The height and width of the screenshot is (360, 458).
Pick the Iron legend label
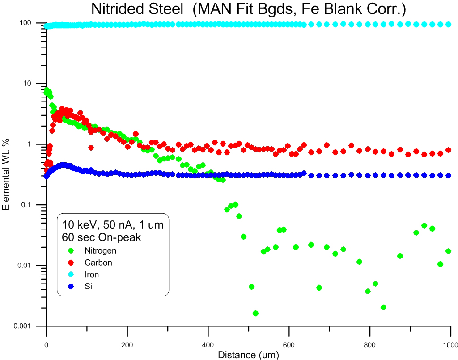[x=92, y=275]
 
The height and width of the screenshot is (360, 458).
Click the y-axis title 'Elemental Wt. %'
[x=6, y=174]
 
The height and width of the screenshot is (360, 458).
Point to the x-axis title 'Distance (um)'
[x=249, y=355]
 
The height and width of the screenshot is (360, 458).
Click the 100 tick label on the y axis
[x=30, y=23]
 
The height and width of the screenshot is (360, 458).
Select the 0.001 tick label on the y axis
[x=25, y=326]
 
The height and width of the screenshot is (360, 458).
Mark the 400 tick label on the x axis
[x=208, y=345]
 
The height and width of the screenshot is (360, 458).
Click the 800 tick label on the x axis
[x=370, y=345]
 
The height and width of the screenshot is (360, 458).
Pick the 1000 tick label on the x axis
[x=449, y=345]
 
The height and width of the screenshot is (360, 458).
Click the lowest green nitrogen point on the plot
[x=255, y=313]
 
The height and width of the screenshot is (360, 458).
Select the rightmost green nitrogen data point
[x=448, y=251]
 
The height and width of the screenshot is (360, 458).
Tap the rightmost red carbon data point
[x=448, y=150]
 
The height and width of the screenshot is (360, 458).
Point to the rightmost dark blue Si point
[x=448, y=175]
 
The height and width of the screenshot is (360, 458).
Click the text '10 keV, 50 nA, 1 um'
[x=113, y=225]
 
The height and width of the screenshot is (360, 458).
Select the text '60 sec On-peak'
[x=102, y=237]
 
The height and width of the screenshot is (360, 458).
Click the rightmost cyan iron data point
[x=448, y=24]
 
